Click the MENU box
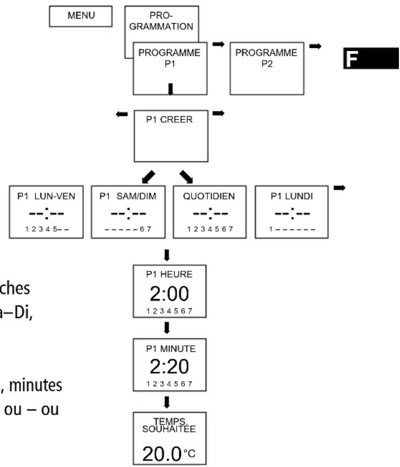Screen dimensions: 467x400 pos(81,16)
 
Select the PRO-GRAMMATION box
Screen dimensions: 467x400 pos(162,21)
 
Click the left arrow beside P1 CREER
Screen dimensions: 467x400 pos(122,114)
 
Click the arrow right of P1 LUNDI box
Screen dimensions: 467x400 pos(339,188)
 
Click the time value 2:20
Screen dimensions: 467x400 pos(170,367)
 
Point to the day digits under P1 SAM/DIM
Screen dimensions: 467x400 pos(128,229)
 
